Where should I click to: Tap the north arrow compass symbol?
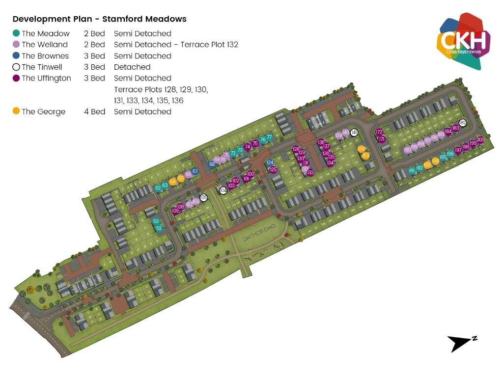(x=461, y=343)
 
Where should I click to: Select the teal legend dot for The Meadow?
(x=16, y=33)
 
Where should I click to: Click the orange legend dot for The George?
(x=16, y=111)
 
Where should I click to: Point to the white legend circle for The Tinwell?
(x=16, y=67)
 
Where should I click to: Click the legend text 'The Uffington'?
(x=46, y=78)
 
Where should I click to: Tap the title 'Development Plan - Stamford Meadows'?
(x=99, y=19)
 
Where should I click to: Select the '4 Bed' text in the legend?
(x=95, y=111)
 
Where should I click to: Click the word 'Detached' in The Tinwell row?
(x=132, y=67)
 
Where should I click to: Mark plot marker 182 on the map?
(x=462, y=122)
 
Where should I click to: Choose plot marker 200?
(x=480, y=140)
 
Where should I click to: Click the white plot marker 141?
(x=354, y=133)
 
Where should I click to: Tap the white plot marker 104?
(x=223, y=190)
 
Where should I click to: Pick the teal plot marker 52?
(x=159, y=228)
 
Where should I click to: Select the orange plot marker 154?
(x=362, y=149)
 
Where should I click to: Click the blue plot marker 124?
(x=270, y=162)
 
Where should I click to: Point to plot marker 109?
(x=175, y=211)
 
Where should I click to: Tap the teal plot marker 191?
(x=412, y=171)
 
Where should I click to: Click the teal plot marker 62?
(x=158, y=188)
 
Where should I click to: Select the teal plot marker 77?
(x=269, y=137)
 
